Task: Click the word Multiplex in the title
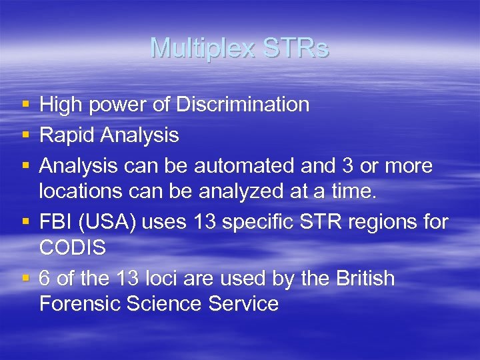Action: pyautogui.click(x=203, y=49)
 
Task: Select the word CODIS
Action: pyautogui.click(x=73, y=247)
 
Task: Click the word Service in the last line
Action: pyautogui.click(x=243, y=304)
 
